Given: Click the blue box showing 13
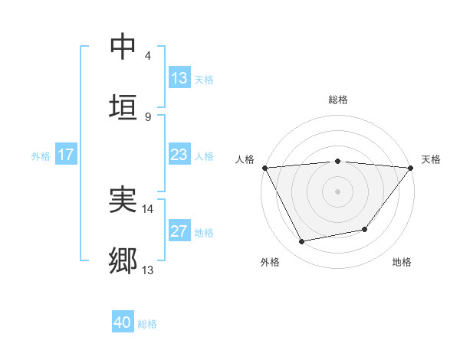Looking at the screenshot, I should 179,78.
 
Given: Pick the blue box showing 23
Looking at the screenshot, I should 179,155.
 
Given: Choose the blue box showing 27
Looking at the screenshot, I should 179,231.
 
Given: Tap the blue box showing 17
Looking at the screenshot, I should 66,155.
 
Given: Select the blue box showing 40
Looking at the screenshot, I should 123,323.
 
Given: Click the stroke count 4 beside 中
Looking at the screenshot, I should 148,56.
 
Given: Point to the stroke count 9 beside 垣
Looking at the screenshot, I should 148,116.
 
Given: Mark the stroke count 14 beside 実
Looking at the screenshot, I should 148,208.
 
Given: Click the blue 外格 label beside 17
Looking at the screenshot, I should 41,155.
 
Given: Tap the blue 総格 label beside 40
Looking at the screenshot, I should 147,324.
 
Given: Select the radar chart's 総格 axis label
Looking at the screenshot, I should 338,100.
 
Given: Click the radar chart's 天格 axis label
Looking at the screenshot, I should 431,159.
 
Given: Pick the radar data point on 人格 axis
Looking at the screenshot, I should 264,168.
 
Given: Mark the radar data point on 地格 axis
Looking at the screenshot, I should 366,229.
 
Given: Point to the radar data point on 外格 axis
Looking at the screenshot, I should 302,241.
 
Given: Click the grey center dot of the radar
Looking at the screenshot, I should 338,191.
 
